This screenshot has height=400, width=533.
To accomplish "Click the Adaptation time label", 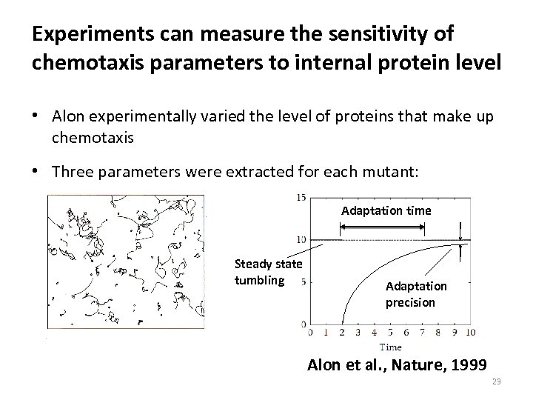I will tap(386, 211).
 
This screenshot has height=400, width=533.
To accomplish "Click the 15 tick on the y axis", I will tap(301, 197).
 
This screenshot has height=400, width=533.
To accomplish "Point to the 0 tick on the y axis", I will tap(303, 324).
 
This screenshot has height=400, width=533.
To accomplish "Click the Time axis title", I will tap(390, 346).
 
